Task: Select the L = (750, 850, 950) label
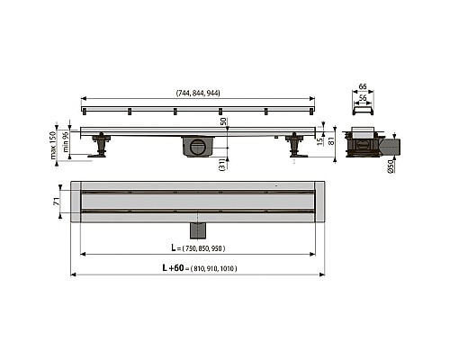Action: (198, 247)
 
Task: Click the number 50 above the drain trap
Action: (224, 122)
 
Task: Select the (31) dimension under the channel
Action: (224, 162)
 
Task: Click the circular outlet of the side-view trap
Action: (198, 147)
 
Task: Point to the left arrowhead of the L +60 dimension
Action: (74, 275)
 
